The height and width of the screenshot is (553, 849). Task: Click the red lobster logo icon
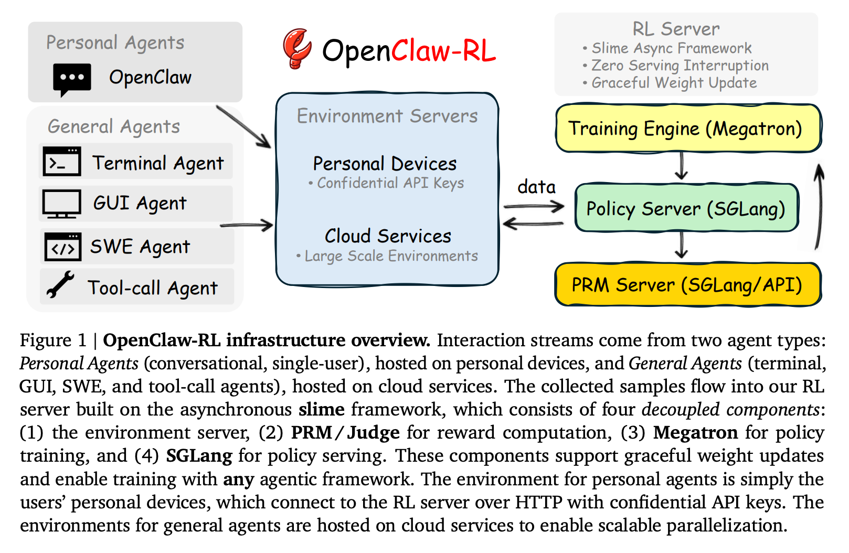pos(297,48)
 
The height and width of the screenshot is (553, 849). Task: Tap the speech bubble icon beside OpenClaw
pos(72,79)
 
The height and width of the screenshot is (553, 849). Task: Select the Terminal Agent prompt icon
pos(62,162)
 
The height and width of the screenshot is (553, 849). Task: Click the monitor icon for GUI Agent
pos(62,204)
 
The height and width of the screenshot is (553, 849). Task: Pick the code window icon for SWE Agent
pos(62,246)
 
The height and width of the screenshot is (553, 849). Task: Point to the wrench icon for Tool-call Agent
pos(60,285)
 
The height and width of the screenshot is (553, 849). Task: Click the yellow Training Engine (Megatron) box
pos(687,129)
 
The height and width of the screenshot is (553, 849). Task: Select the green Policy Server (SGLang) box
pos(686,208)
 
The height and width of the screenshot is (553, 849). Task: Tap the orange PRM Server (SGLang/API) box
pos(687,285)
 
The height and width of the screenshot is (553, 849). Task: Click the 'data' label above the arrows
pos(536,187)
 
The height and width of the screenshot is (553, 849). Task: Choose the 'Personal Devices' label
pos(385,164)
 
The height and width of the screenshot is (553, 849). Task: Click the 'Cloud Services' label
pos(388,236)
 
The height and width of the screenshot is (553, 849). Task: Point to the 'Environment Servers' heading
pos(387,116)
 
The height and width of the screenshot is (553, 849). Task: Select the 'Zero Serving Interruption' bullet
pos(680,66)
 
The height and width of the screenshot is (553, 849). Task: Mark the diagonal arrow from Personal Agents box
pos(243,127)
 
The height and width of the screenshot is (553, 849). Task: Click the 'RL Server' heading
pos(676,29)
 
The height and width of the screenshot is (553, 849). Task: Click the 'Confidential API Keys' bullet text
pos(390,183)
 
